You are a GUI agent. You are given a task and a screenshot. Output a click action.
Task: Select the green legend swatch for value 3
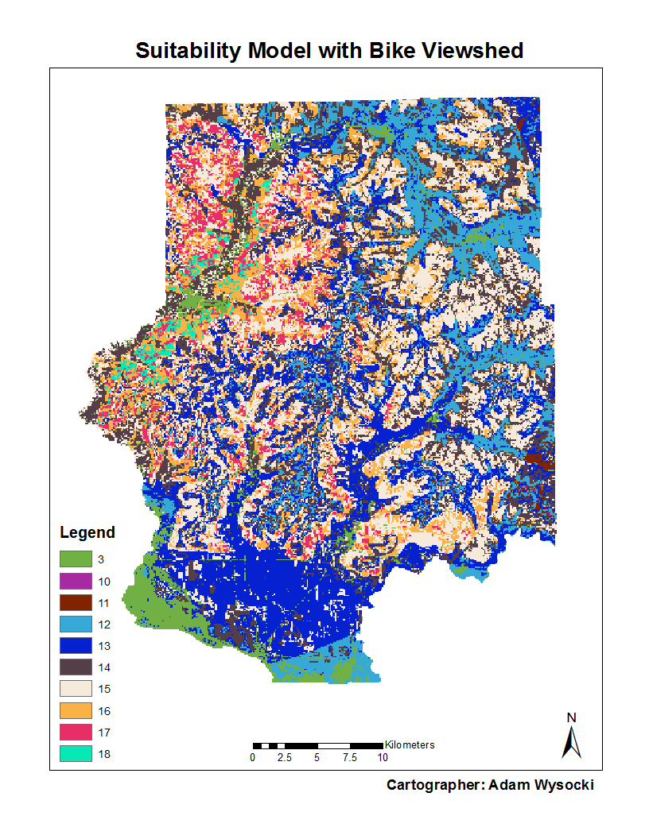76,559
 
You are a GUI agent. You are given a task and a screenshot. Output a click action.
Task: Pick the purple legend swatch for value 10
76,581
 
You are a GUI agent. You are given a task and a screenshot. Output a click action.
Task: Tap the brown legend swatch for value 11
76,602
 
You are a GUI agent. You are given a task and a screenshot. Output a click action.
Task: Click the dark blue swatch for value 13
76,646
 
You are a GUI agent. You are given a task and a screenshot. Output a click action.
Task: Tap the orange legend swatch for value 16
76,710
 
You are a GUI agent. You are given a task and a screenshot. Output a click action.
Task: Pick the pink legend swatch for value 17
76,732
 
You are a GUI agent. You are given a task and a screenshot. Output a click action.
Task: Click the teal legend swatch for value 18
76,753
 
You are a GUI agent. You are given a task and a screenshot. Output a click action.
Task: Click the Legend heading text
87,532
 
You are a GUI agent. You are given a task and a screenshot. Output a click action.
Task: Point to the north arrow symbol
571,742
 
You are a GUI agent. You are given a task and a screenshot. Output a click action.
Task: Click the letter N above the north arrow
571,717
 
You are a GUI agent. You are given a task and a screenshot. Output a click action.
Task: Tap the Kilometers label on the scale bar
410,745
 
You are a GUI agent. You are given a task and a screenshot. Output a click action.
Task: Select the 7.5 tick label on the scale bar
350,758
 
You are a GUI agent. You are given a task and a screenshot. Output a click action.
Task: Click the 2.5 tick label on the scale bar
285,758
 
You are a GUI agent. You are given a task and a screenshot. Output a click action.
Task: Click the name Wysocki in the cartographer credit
562,785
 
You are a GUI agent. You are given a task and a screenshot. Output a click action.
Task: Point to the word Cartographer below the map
434,785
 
